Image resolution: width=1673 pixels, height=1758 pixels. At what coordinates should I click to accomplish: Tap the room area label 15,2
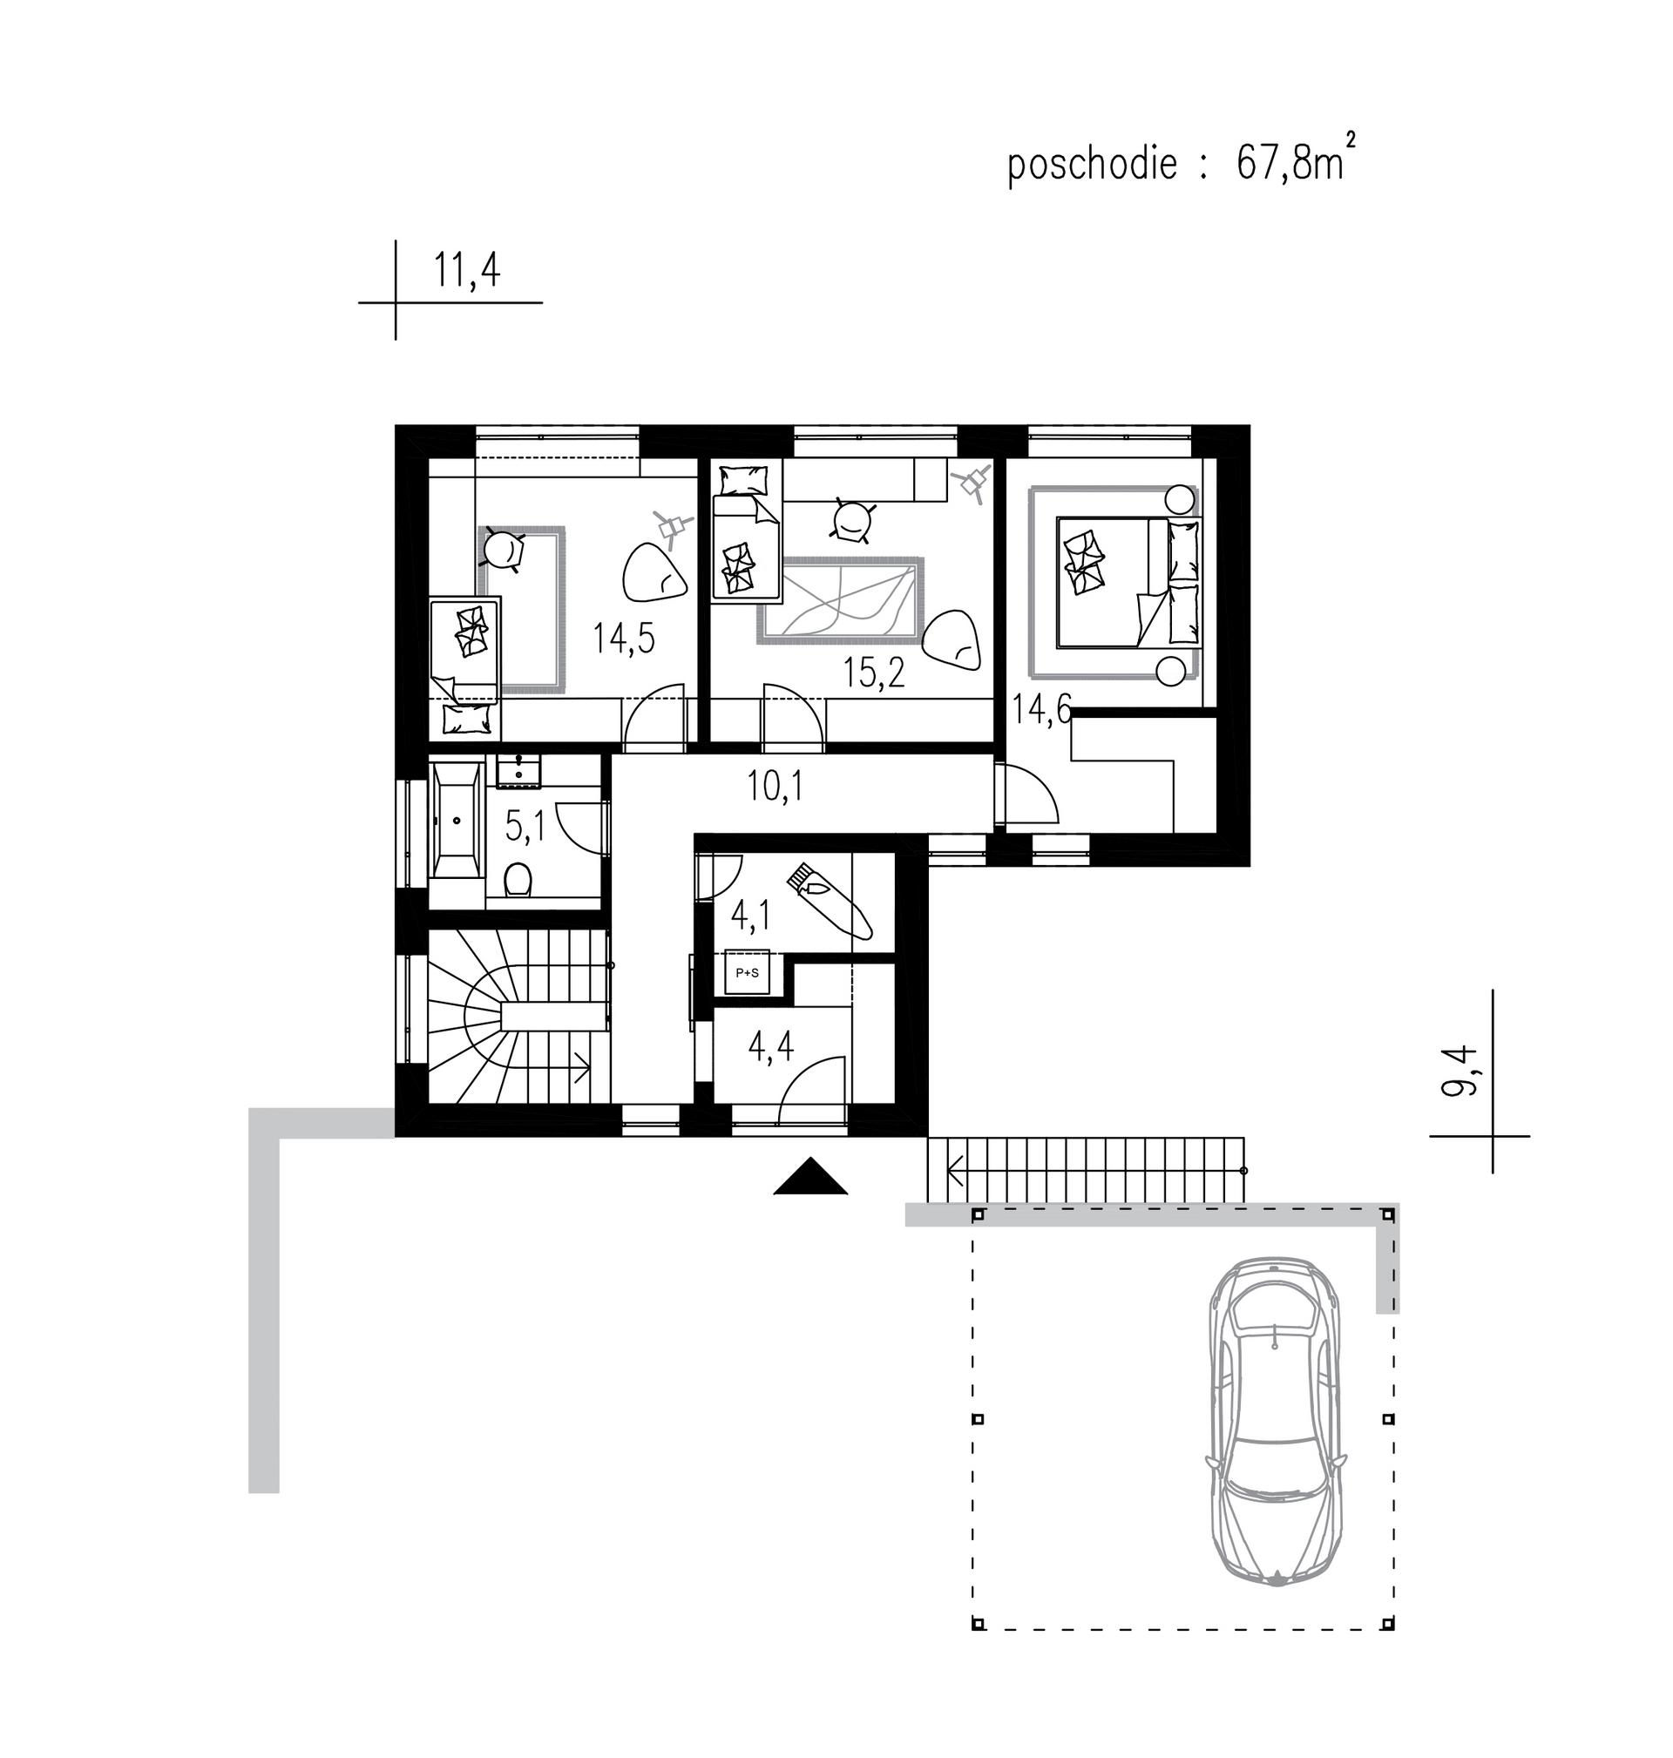[874, 673]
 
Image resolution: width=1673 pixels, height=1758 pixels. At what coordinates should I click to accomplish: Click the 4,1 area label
[751, 916]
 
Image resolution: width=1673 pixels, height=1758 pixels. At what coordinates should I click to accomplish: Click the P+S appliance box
[747, 972]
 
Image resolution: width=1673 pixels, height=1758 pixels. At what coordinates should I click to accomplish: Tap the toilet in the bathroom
[518, 882]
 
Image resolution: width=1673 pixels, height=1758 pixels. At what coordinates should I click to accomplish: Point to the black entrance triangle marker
[809, 1175]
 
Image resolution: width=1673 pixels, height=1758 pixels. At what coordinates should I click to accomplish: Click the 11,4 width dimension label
[466, 269]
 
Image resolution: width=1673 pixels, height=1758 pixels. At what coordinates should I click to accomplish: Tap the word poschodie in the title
[1093, 165]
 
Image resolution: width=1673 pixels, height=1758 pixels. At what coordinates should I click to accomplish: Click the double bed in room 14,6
[1128, 580]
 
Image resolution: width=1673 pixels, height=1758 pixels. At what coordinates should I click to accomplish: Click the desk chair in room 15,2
[854, 520]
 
